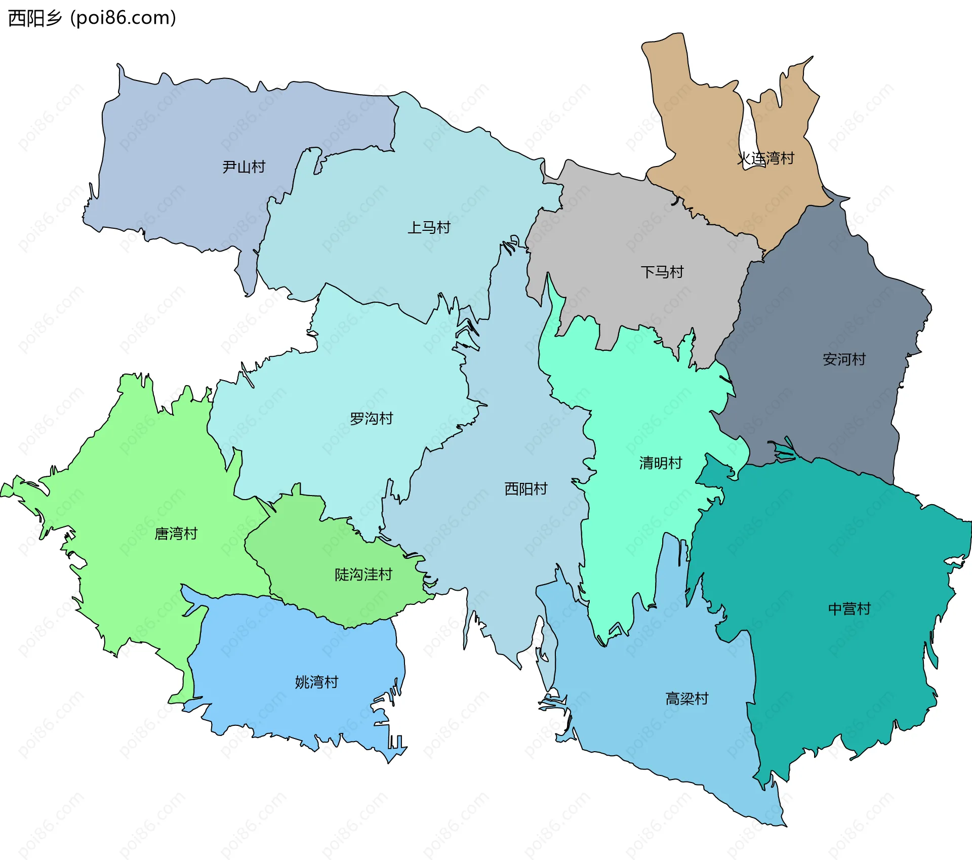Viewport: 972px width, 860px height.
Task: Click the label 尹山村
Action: [x=244, y=167]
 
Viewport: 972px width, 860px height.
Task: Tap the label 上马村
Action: [x=429, y=227]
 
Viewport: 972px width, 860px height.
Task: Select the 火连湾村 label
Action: [x=765, y=158]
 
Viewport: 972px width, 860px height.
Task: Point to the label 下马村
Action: [x=662, y=272]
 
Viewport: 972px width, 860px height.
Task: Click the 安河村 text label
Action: [x=844, y=359]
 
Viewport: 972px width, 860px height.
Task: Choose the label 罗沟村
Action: [x=371, y=419]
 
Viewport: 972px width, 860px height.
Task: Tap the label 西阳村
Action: [x=525, y=488]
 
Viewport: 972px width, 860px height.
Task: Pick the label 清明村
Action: [x=660, y=463]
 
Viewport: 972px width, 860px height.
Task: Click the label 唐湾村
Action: [x=176, y=534]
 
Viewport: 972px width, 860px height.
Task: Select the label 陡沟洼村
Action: [x=363, y=575]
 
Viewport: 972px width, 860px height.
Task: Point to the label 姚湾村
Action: [x=316, y=682]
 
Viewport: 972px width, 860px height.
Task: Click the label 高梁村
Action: [x=686, y=699]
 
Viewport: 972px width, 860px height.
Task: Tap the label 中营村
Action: [x=849, y=608]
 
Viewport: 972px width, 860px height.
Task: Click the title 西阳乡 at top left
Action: [x=35, y=18]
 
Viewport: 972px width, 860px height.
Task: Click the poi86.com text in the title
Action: [x=123, y=18]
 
